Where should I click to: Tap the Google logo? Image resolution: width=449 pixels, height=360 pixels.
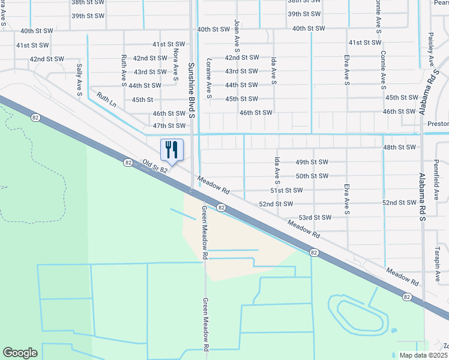click(20, 353)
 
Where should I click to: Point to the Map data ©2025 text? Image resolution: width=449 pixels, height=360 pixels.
click(424, 355)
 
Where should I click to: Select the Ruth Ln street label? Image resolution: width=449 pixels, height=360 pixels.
click(106, 99)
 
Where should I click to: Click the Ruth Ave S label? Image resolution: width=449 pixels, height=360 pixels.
click(124, 69)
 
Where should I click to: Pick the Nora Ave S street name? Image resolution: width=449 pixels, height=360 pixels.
click(175, 64)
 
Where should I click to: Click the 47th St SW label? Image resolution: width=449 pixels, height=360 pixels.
click(169, 126)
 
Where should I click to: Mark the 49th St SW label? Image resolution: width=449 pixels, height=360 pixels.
click(312, 162)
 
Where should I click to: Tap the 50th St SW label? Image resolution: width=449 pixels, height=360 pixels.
click(312, 176)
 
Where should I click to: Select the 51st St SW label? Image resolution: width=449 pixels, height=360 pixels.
click(286, 190)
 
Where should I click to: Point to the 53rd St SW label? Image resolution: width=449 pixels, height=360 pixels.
click(315, 218)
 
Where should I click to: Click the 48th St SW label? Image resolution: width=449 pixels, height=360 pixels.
click(399, 147)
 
